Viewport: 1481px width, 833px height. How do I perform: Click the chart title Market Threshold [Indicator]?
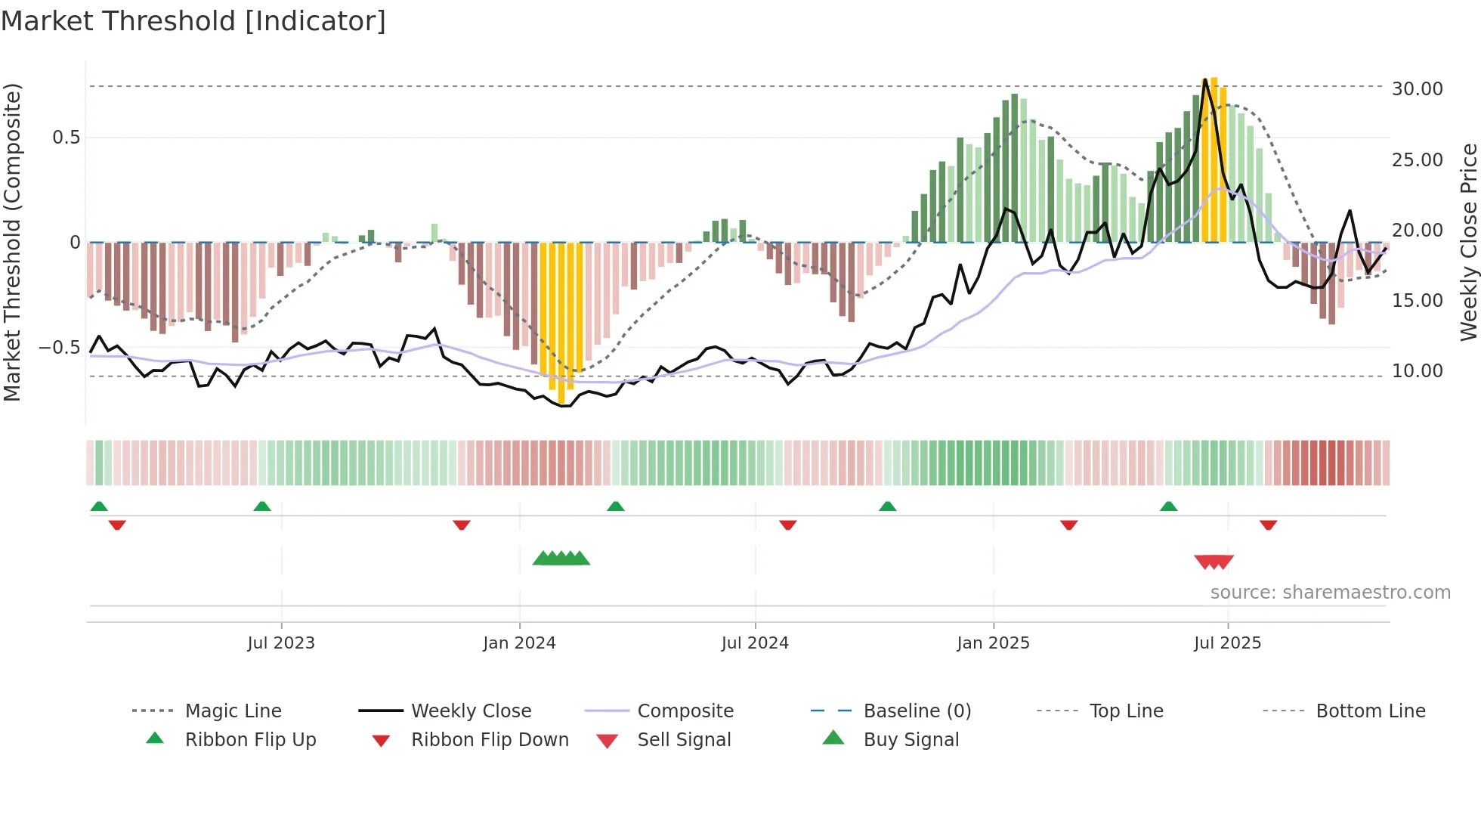click(193, 21)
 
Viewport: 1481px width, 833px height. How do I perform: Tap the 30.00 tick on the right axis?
click(1417, 89)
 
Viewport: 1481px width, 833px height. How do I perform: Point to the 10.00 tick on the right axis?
click(1417, 371)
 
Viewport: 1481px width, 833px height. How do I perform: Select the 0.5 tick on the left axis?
click(66, 138)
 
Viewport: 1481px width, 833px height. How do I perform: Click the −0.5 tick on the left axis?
click(59, 348)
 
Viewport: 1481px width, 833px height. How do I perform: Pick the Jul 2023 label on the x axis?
click(281, 643)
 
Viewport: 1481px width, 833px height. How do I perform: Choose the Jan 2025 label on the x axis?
click(993, 643)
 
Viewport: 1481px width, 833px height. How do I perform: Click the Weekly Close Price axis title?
click(1468, 242)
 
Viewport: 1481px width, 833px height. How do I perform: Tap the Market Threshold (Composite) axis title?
click(12, 242)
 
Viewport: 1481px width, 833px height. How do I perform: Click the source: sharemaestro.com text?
click(1330, 593)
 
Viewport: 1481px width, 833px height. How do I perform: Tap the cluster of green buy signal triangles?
click(561, 559)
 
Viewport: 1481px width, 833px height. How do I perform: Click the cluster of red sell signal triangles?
click(1214, 562)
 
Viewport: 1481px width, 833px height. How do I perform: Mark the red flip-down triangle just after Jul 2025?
click(1268, 525)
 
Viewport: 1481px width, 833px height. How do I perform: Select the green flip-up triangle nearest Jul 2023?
click(262, 506)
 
